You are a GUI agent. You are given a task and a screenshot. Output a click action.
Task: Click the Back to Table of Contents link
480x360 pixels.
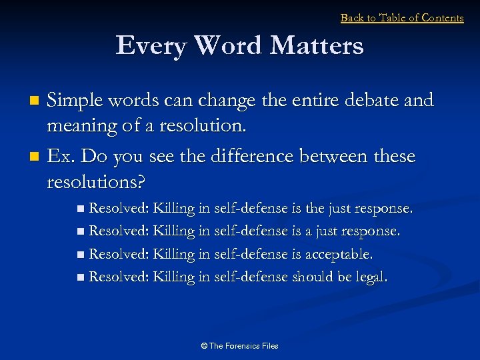pyautogui.click(x=402, y=18)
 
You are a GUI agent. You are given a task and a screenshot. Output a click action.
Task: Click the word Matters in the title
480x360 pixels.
pyautogui.click(x=317, y=46)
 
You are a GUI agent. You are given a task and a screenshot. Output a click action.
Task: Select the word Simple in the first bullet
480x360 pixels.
pyautogui.click(x=79, y=101)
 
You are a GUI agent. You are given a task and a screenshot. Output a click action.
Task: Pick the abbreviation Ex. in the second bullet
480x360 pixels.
pyautogui.click(x=63, y=157)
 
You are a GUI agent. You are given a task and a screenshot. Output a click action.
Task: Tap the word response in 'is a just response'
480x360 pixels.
pyautogui.click(x=369, y=231)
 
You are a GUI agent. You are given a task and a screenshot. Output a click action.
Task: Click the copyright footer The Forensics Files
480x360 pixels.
pyautogui.click(x=239, y=345)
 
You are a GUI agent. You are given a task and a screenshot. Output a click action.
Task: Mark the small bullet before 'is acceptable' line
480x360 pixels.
pyautogui.click(x=81, y=255)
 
